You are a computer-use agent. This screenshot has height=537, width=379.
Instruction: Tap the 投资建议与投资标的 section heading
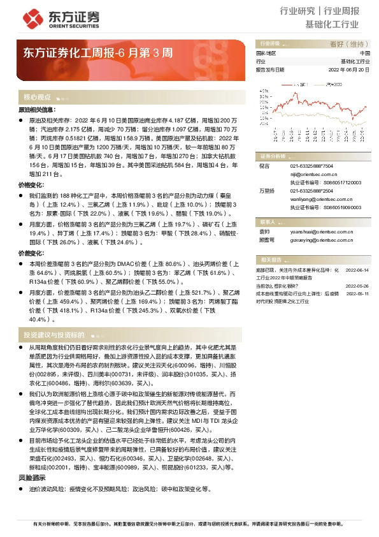(x=54, y=335)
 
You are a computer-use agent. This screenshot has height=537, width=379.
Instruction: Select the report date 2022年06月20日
(x=349, y=70)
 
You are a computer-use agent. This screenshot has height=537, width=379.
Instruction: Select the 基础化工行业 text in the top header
(x=333, y=26)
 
